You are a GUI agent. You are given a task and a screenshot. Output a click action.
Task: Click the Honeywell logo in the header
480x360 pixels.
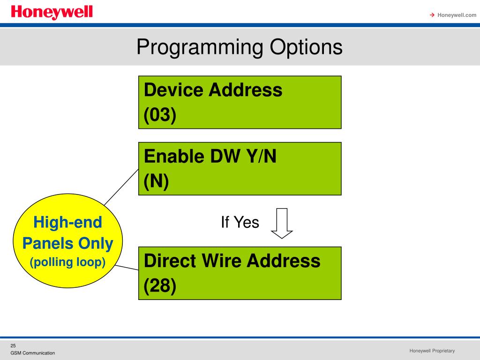coord(52,13)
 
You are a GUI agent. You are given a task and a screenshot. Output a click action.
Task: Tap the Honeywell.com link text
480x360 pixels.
coord(457,15)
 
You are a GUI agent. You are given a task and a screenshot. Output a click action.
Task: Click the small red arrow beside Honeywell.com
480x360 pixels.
coord(432,15)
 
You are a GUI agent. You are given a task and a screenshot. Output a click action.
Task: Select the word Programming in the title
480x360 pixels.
coord(200,47)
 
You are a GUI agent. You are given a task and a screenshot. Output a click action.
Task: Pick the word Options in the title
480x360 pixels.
coord(306,47)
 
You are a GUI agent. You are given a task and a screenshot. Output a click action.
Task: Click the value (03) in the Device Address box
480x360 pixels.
coord(160,115)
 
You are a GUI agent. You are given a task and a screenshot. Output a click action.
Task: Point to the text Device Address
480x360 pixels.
coord(213,90)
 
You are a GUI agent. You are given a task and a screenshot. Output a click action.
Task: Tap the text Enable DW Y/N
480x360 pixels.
coord(210,156)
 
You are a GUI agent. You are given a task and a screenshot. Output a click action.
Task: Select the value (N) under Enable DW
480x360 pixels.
coord(156,181)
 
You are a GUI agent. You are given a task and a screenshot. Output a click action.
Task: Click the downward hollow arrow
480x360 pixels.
coord(282,223)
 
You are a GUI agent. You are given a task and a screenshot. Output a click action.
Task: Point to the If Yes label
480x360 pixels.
coord(240,222)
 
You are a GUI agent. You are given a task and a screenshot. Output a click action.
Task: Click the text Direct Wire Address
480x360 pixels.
coord(232,261)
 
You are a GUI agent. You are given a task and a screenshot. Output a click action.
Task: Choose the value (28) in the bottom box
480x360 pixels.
coord(160,286)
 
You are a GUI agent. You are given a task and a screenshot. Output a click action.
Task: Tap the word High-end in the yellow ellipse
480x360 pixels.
coord(68,222)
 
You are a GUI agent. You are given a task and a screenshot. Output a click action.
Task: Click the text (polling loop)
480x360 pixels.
coord(68,262)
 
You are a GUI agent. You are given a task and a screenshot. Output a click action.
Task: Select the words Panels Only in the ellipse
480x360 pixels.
coord(68,243)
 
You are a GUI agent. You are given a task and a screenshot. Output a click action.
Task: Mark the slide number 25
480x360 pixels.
coord(13,345)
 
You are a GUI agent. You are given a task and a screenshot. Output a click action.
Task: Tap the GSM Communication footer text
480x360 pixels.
coord(33,353)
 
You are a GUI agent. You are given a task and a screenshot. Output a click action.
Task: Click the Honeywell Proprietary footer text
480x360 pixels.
coord(432,351)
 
